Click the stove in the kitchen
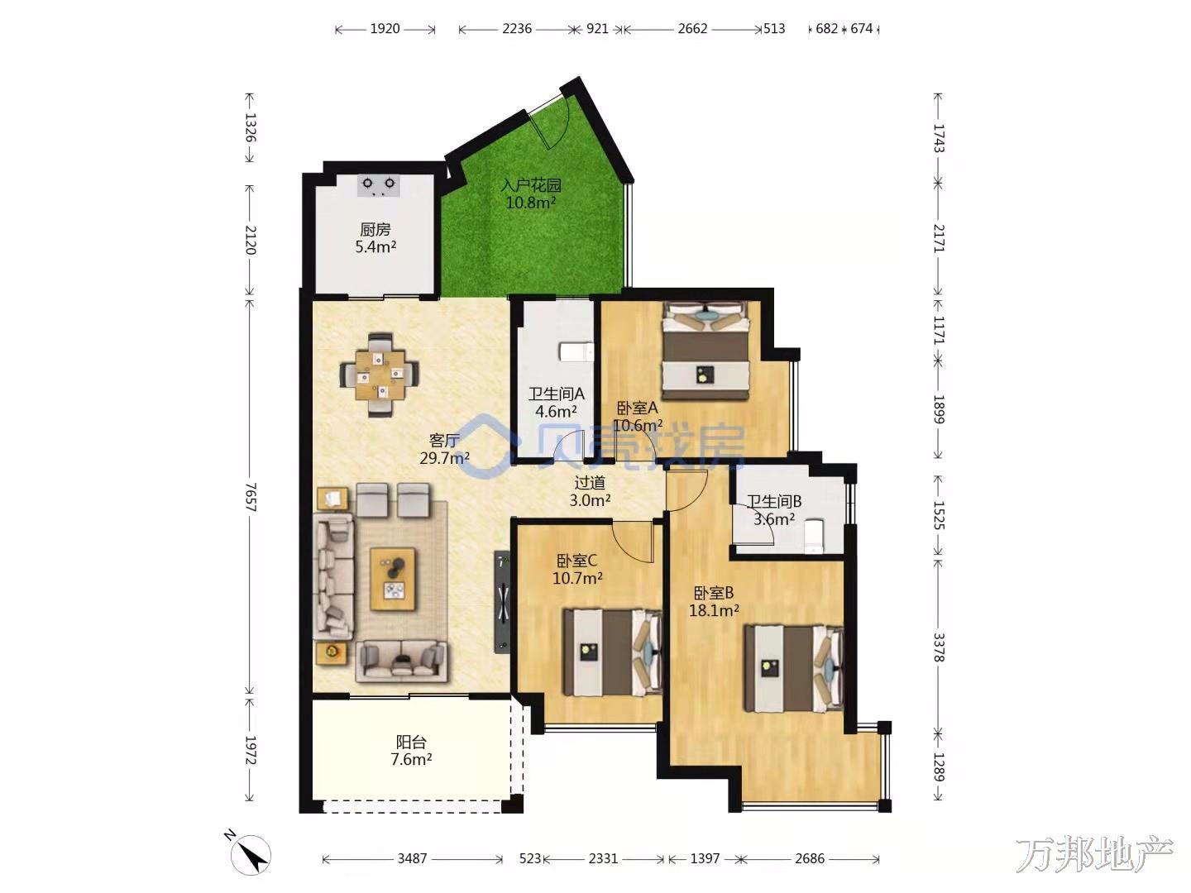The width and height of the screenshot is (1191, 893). (379, 185)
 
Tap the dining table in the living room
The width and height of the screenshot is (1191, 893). (380, 375)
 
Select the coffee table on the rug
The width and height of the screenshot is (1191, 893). (393, 579)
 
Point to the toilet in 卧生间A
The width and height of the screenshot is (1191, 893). (576, 351)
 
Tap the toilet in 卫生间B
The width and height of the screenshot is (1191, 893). (813, 536)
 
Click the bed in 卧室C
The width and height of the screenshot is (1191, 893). (612, 652)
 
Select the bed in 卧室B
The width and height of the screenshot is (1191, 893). (793, 668)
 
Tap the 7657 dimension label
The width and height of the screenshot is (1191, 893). (250, 497)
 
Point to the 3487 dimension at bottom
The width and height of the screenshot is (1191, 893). (413, 858)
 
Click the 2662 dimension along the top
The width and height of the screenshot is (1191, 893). (692, 29)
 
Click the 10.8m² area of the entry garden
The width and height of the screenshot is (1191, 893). (531, 203)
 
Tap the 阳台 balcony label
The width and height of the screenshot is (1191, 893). (411, 741)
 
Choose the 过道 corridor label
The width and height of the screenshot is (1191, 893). (590, 482)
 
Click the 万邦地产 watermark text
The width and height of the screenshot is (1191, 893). (1095, 854)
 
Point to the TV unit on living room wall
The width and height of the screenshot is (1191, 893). (502, 602)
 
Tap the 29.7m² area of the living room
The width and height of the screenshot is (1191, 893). (444, 458)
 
